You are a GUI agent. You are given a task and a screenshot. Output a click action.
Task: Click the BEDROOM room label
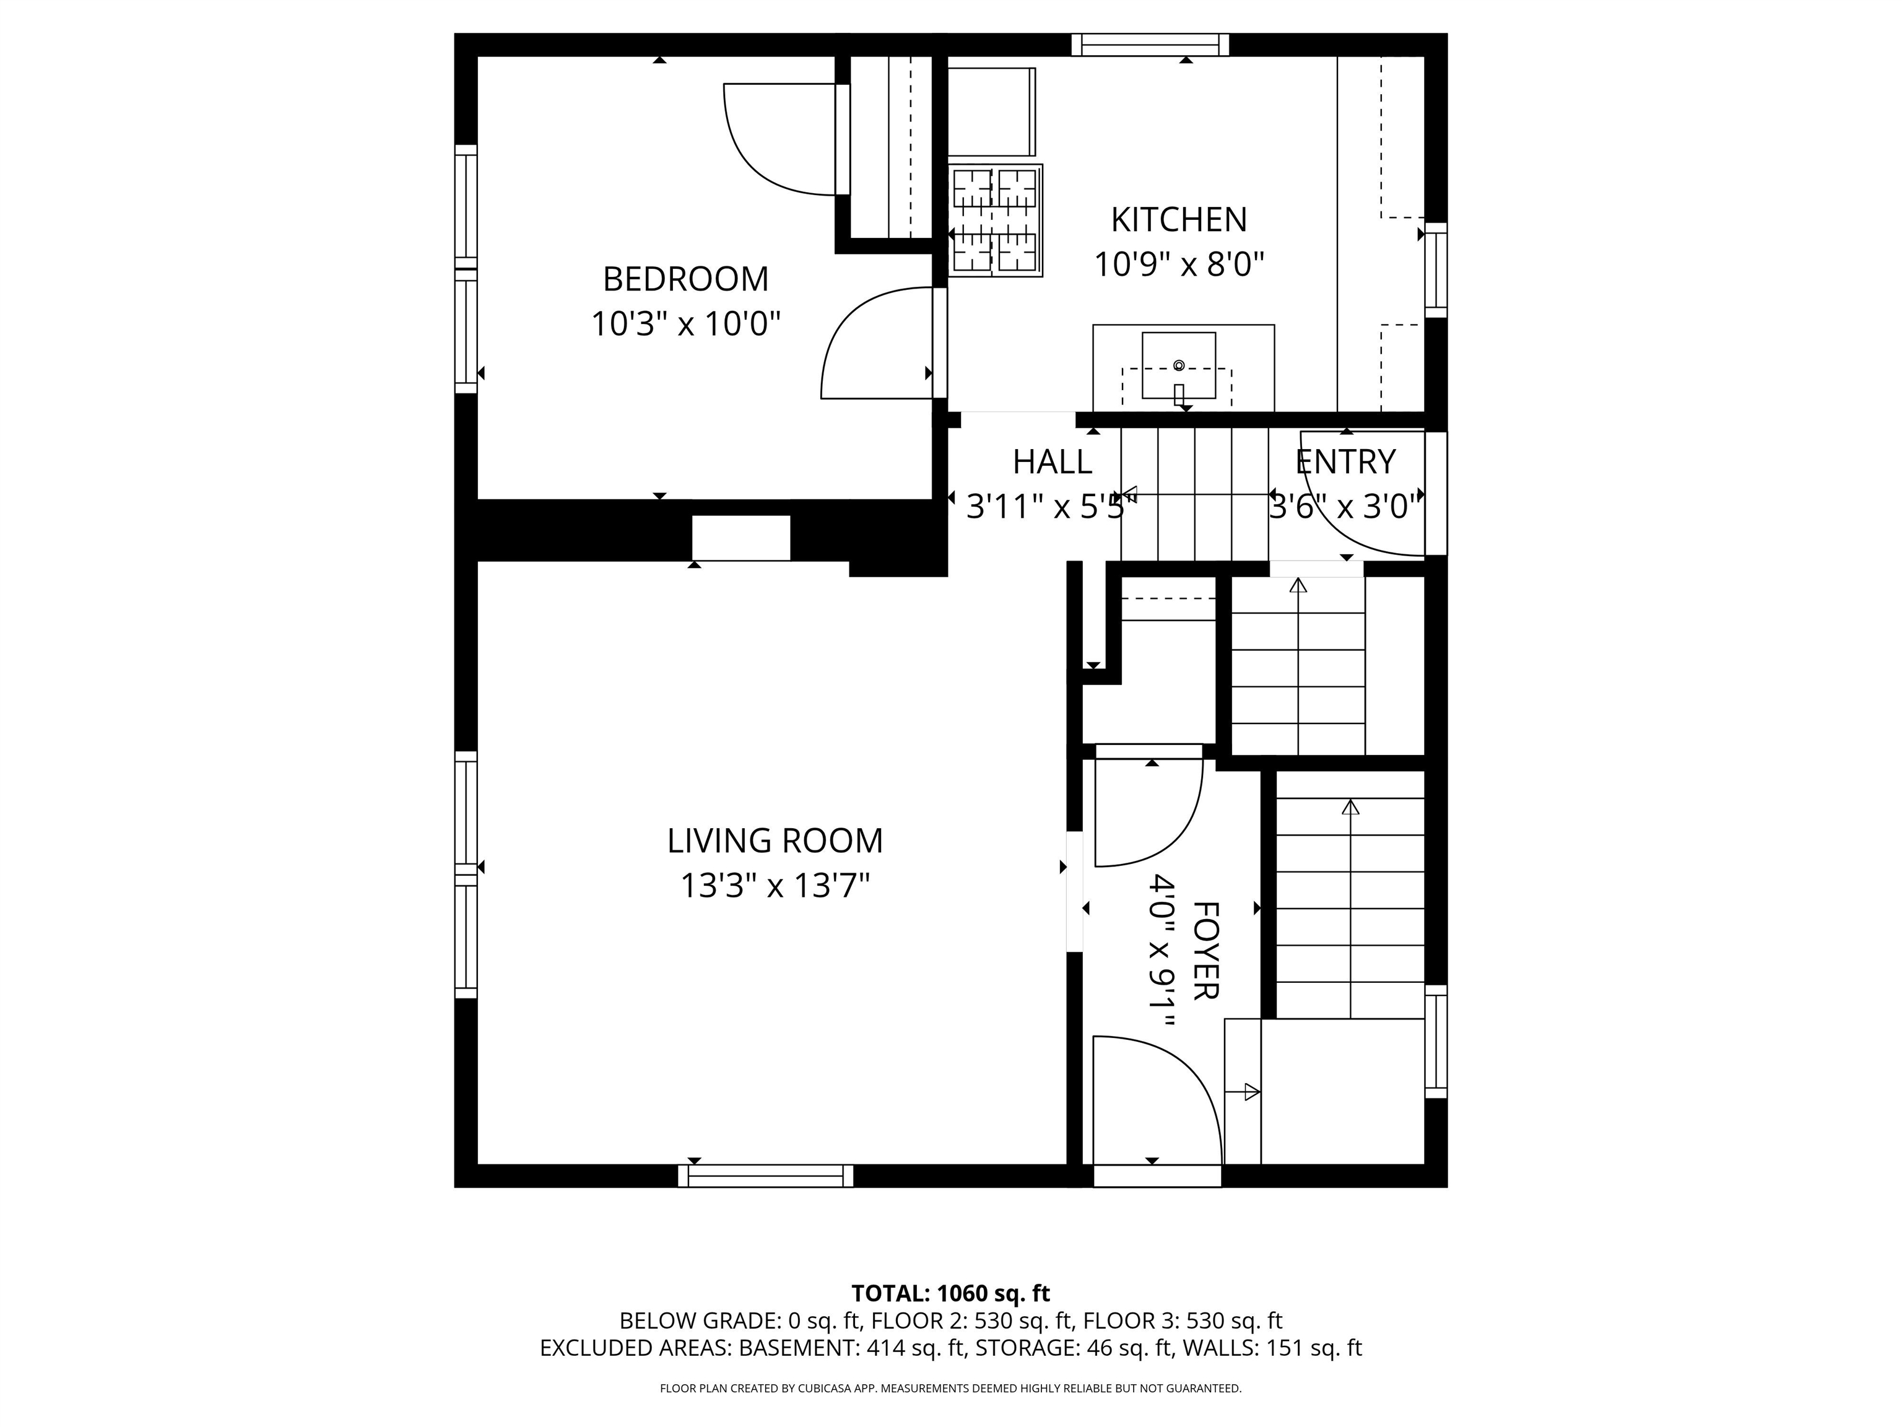pyautogui.click(x=685, y=279)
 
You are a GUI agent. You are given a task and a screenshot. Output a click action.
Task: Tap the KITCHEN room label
pyautogui.click(x=1179, y=220)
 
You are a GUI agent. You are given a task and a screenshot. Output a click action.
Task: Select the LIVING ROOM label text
pyautogui.click(x=775, y=840)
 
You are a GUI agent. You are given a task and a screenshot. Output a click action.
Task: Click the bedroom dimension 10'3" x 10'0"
pyautogui.click(x=685, y=325)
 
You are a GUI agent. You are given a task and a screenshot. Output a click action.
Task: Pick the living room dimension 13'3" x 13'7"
pyautogui.click(x=775, y=885)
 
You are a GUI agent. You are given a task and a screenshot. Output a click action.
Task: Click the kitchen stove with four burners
pyautogui.click(x=996, y=220)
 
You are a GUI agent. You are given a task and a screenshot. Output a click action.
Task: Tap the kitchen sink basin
pyautogui.click(x=1179, y=365)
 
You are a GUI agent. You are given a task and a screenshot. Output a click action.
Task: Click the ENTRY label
pyautogui.click(x=1345, y=462)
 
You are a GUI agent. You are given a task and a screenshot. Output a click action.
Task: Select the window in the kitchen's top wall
pyautogui.click(x=1150, y=45)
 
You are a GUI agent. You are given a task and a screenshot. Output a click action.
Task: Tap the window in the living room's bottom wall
pyautogui.click(x=765, y=1176)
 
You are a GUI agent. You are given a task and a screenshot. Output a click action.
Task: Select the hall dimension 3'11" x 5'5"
pyautogui.click(x=1051, y=507)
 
